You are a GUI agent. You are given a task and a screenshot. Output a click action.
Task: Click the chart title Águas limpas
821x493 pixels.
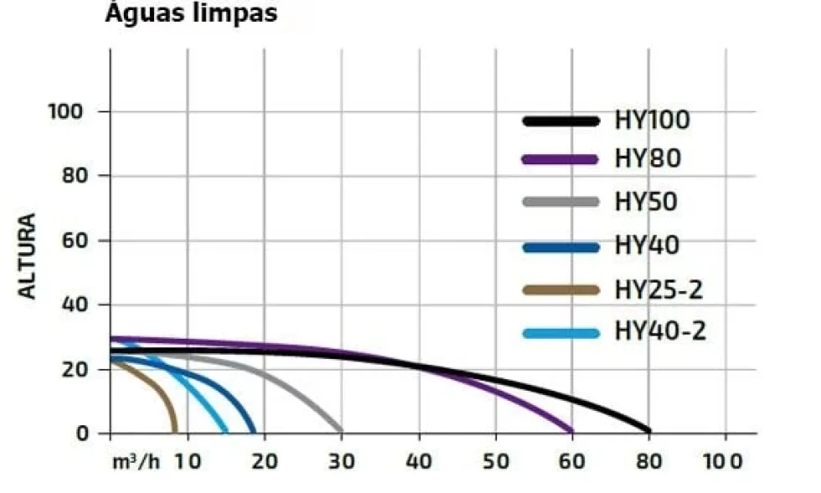[x=191, y=13]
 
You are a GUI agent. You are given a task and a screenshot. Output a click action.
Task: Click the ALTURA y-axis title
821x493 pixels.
[x=27, y=256]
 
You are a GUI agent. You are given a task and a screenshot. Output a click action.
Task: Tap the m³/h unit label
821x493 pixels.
[x=136, y=462]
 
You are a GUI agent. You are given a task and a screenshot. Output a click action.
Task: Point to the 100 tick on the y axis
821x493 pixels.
[x=65, y=112]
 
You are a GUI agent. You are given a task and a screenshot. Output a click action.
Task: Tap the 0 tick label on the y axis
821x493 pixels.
[x=83, y=433]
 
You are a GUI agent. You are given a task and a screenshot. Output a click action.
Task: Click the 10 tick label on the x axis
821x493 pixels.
[x=188, y=462]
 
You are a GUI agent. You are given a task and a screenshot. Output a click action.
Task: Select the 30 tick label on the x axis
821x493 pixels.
[x=342, y=462]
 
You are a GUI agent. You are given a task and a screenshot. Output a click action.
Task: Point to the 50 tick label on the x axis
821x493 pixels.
[x=495, y=462]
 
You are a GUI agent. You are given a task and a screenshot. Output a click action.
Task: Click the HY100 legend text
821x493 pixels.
[x=653, y=120]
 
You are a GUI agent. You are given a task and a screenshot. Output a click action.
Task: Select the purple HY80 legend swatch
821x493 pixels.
[x=560, y=159]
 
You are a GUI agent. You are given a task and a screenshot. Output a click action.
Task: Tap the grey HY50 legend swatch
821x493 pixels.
[x=560, y=202]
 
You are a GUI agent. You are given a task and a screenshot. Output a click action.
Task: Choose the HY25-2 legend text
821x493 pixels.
[x=658, y=290]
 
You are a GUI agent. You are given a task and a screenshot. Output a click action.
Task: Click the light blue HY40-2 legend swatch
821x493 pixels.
[x=560, y=333]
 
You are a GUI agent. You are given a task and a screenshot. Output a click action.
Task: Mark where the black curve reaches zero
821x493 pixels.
[x=648, y=431]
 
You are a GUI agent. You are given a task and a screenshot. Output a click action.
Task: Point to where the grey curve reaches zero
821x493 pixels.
[x=340, y=431]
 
